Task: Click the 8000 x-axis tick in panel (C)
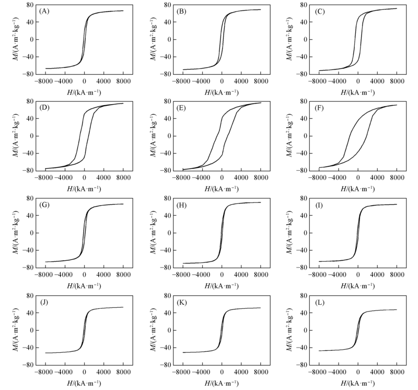point(397,82)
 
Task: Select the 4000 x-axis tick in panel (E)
point(241,179)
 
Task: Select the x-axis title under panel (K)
point(221,383)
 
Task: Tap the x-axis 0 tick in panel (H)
point(222,275)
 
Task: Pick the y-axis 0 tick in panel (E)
point(166,136)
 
